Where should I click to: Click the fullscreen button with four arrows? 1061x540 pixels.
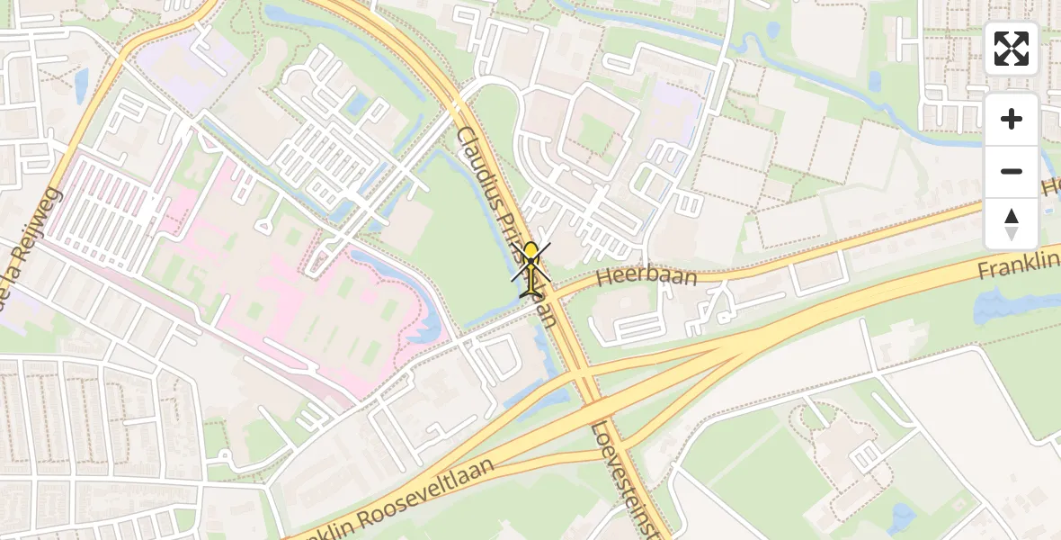(x=1012, y=49)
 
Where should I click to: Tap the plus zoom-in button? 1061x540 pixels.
(x=1012, y=119)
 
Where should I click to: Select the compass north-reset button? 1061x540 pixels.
(x=1012, y=224)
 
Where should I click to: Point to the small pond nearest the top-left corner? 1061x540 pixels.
(x=81, y=84)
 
